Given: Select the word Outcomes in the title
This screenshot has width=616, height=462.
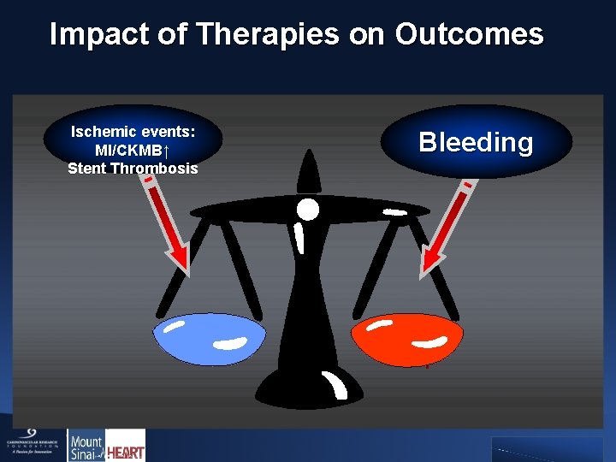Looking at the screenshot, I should click(468, 34).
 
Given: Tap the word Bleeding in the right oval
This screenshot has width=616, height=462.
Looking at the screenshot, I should click(476, 142).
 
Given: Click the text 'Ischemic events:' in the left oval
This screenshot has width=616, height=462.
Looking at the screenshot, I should click(133, 132).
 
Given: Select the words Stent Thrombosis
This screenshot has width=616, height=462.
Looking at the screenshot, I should click(133, 168).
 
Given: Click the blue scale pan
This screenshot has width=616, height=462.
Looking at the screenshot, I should click(210, 338).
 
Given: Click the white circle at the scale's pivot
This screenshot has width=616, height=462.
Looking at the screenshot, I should click(307, 209).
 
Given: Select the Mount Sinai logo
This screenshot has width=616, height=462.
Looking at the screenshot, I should click(86, 445).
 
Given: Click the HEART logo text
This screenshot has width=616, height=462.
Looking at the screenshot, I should click(126, 447).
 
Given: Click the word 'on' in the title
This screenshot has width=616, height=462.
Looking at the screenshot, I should click(367, 34).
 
